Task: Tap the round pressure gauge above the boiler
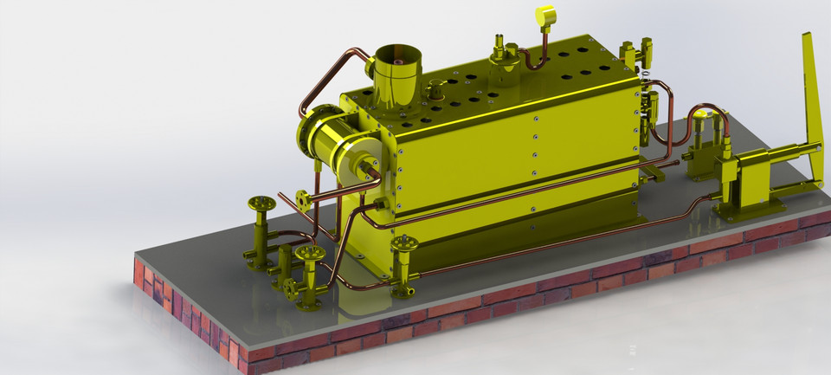click(545, 16)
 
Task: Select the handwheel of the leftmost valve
click(261, 204)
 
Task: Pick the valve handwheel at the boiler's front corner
click(403, 245)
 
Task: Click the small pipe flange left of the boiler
click(301, 198)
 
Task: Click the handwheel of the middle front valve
click(310, 254)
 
